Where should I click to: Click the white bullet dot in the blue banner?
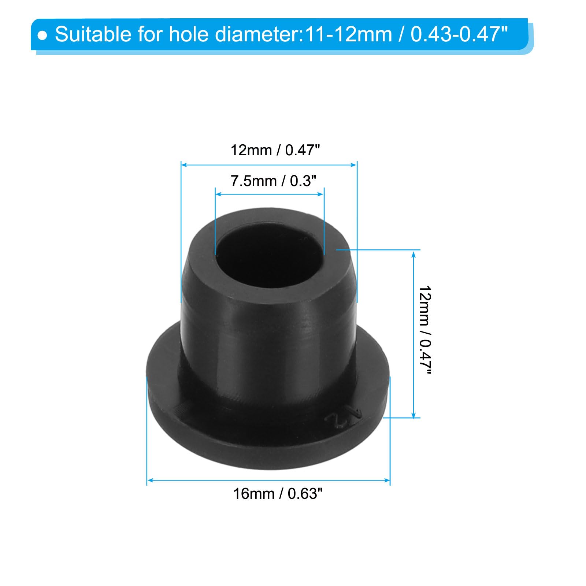(x=43, y=36)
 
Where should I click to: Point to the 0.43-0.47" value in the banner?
(x=459, y=34)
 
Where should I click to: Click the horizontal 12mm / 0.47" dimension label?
(x=275, y=150)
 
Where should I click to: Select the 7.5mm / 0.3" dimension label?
(x=273, y=181)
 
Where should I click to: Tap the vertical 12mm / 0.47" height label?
(x=425, y=330)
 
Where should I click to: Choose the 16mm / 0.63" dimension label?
(x=278, y=494)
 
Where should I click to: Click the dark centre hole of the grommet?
(x=270, y=253)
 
